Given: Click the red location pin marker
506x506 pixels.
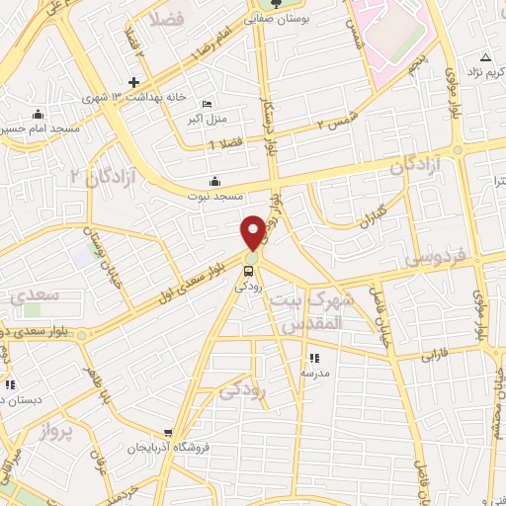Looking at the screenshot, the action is click(253, 231).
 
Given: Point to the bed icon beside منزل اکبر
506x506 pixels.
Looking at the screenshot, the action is click(207, 104).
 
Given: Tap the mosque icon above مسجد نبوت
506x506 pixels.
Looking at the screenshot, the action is click(214, 181).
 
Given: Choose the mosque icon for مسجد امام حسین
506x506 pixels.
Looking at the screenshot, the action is click(38, 114).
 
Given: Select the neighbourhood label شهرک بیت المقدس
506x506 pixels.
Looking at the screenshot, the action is click(310, 311).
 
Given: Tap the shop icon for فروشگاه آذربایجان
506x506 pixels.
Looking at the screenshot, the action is click(170, 433).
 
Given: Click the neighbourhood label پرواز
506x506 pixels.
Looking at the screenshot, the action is click(58, 431).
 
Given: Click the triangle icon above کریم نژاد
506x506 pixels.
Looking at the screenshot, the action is click(484, 56).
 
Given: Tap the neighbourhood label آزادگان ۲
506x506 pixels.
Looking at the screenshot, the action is click(97, 176).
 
